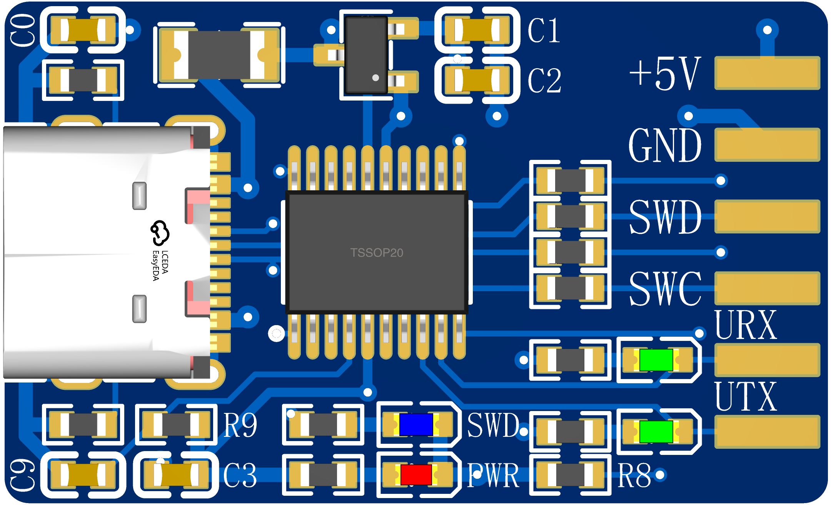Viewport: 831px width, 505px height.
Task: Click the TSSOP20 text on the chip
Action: (x=377, y=253)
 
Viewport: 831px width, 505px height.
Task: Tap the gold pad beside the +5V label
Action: (x=767, y=73)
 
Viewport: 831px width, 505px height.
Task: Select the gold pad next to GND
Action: (x=767, y=145)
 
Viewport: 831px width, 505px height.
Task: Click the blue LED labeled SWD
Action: (x=416, y=424)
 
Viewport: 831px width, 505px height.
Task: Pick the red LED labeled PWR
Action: (x=416, y=475)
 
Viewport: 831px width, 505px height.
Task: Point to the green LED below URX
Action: (x=656, y=360)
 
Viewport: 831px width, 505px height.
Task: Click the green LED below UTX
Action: (x=656, y=432)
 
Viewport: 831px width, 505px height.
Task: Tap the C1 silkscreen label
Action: (x=544, y=30)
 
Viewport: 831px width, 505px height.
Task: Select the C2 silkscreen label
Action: (x=544, y=81)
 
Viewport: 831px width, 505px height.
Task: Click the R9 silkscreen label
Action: (x=240, y=425)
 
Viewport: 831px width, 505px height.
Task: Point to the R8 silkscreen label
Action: (x=634, y=475)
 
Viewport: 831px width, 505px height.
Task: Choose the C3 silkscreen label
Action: (x=240, y=475)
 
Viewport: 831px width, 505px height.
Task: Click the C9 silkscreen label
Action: (x=22, y=475)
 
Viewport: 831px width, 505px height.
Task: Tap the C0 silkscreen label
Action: (x=22, y=30)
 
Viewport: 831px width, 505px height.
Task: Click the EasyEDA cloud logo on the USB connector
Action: (x=160, y=233)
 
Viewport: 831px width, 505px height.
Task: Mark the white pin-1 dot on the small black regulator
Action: (x=375, y=77)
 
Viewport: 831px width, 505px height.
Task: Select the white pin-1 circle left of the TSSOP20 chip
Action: (x=276, y=334)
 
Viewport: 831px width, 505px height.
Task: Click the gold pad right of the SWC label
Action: (x=767, y=288)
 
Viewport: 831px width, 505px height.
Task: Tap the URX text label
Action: (x=746, y=325)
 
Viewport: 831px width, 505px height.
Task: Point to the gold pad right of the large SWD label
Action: (x=767, y=216)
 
